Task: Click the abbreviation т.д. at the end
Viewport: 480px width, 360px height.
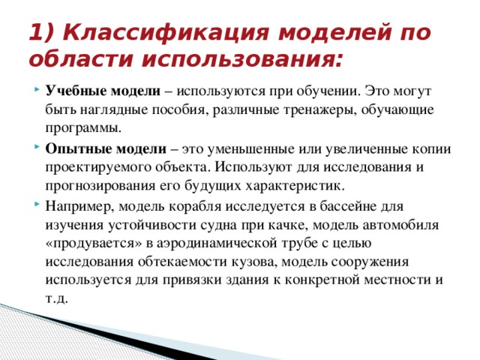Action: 57,298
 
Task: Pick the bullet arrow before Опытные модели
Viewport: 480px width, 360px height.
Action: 37,148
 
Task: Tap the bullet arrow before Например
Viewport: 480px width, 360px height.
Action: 37,204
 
